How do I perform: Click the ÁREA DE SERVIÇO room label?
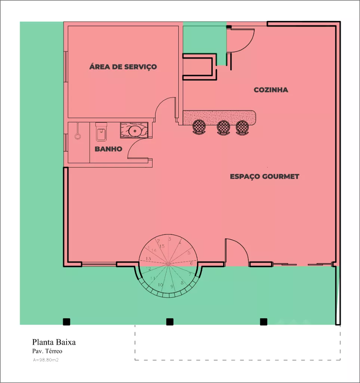tap(123, 67)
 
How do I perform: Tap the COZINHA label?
tap(271, 90)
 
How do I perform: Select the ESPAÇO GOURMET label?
tap(265, 177)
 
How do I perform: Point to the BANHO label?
tap(108, 149)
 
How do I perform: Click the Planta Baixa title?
tap(54, 342)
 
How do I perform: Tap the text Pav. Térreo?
tap(47, 351)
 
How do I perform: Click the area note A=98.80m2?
tap(46, 360)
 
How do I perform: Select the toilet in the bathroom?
tap(101, 132)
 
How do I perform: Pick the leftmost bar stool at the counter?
tap(199, 127)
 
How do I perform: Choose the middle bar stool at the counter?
tap(223, 127)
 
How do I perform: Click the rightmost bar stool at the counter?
tap(242, 127)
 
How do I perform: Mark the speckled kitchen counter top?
tap(219, 117)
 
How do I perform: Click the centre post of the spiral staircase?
tap(168, 264)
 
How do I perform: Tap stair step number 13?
tap(148, 258)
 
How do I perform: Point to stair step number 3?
tap(170, 239)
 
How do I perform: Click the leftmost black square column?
tap(67, 322)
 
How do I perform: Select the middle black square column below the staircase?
tap(170, 322)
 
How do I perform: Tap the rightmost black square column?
tap(264, 322)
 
